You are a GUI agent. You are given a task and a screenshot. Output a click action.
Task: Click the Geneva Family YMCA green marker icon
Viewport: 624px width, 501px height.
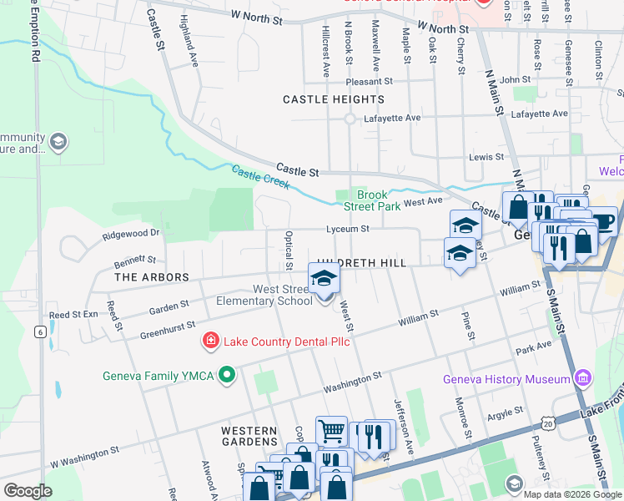tap(225, 376)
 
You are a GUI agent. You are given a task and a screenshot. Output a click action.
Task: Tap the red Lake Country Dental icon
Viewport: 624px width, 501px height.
tap(210, 341)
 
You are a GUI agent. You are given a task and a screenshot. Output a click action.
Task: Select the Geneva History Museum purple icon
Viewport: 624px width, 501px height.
tap(583, 379)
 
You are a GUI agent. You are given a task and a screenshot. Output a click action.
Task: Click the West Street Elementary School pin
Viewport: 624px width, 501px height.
tap(325, 281)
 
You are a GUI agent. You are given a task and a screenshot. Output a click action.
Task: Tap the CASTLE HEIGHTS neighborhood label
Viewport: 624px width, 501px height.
tap(334, 99)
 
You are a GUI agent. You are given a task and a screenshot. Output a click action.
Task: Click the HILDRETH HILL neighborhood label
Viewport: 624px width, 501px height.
tap(361, 263)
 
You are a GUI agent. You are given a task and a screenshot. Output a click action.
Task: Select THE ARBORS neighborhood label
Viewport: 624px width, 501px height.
tap(152, 276)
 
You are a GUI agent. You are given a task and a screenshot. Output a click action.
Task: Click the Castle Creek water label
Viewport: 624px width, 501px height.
tap(261, 179)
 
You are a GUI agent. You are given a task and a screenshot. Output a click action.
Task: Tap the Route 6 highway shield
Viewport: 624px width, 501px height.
tap(39, 331)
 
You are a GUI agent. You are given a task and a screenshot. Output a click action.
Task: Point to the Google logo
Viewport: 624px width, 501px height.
tap(28, 490)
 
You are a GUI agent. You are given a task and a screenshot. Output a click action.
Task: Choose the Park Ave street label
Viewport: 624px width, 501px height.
tap(534, 347)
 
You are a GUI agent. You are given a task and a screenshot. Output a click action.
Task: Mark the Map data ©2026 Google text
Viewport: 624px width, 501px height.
tap(571, 493)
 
